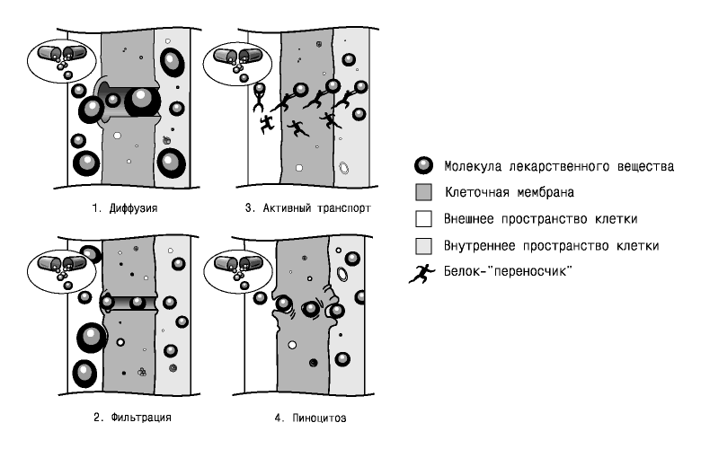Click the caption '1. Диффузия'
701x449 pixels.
coord(125,208)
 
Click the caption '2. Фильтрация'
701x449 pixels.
coord(132,418)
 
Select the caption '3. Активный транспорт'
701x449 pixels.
coord(308,208)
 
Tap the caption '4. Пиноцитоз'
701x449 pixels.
coord(310,418)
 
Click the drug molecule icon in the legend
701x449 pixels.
coord(423,166)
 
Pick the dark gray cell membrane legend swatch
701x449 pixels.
coord(423,192)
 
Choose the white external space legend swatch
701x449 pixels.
coord(423,219)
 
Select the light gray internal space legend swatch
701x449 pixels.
coord(423,246)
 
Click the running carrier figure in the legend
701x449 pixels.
coord(422,273)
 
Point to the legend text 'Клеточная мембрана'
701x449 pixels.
coord(510,192)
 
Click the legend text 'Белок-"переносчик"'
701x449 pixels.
coord(509,271)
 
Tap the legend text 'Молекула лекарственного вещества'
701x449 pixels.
coord(559,166)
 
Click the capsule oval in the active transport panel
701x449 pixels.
coord(237,64)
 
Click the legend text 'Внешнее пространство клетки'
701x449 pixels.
coord(540,219)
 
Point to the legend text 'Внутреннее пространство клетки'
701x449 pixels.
coord(551,246)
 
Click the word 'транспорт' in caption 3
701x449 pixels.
coord(344,208)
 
